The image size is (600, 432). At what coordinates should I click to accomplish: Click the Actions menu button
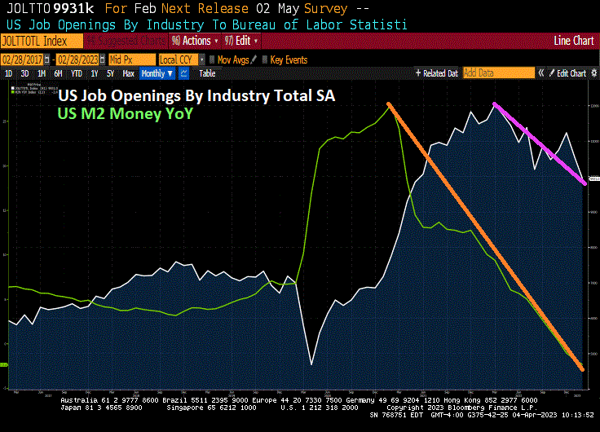coord(194,41)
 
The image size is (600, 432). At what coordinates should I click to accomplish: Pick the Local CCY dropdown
coord(180,60)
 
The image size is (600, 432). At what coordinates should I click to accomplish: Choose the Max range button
coord(128,73)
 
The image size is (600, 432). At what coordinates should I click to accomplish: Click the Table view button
coord(207,73)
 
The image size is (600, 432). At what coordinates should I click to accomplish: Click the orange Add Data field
coord(497,73)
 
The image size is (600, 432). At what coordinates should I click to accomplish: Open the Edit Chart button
coord(568,73)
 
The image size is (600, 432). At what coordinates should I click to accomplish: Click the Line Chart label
coord(572,41)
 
